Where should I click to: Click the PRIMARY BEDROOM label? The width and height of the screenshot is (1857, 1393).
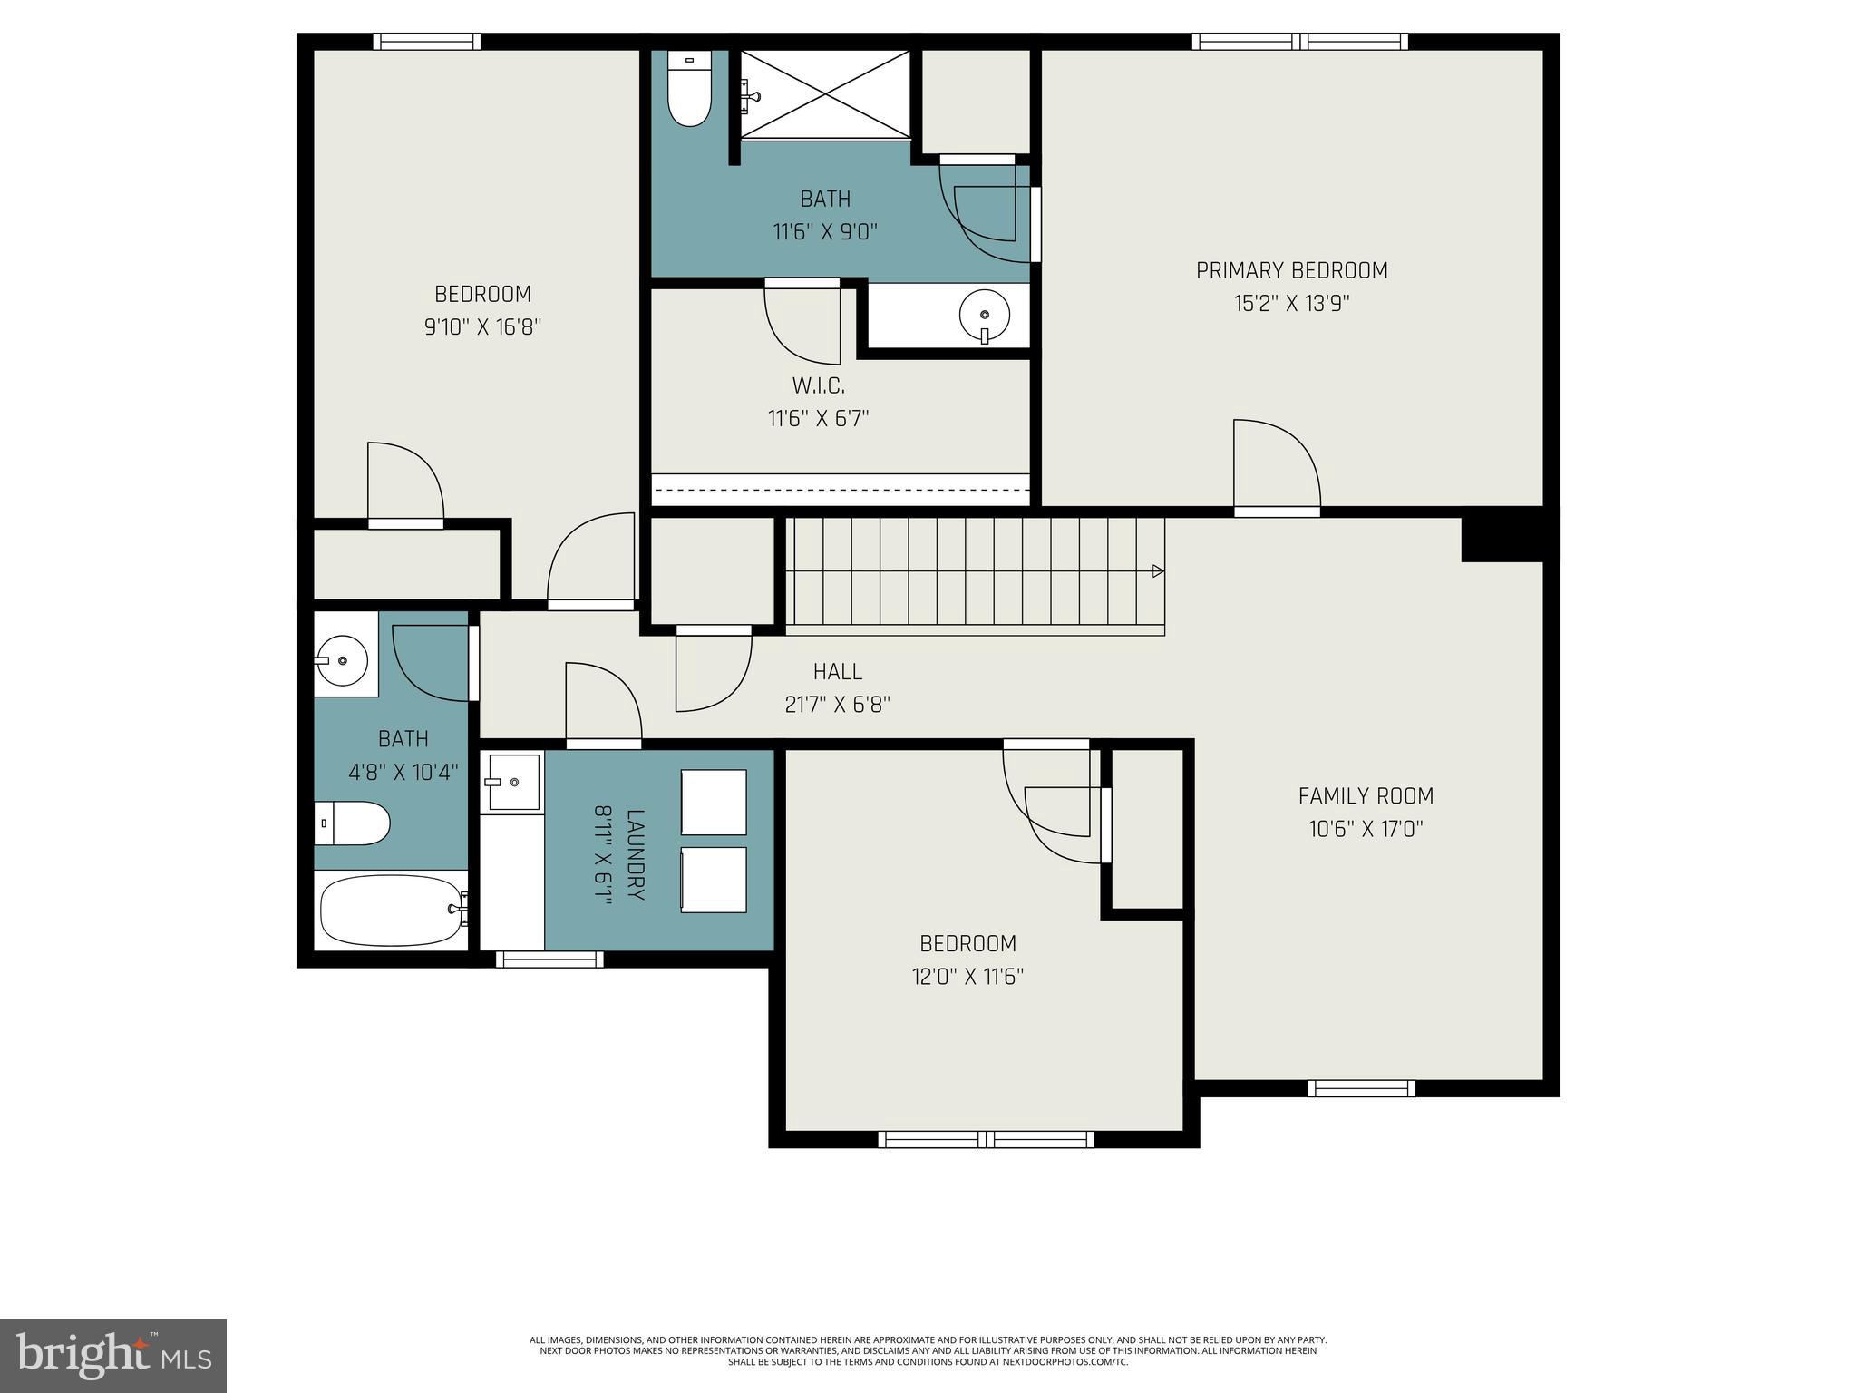click(x=1291, y=270)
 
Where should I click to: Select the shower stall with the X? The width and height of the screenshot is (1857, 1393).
click(x=825, y=94)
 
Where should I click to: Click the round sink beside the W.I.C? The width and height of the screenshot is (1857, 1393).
click(x=985, y=315)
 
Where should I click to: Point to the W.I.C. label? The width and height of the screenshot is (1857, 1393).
click(x=818, y=386)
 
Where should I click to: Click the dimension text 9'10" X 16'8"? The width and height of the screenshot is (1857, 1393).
click(x=482, y=326)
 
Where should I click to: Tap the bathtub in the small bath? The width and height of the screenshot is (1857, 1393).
click(x=391, y=910)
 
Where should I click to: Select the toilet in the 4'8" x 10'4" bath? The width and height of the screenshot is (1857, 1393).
click(x=353, y=823)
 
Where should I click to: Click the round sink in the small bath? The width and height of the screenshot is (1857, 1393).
click(x=342, y=654)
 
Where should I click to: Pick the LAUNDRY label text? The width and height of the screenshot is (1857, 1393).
click(x=635, y=854)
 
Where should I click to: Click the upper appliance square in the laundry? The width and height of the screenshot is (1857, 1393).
click(x=714, y=802)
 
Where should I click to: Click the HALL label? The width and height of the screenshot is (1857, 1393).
click(x=837, y=672)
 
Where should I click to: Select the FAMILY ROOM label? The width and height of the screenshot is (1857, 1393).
click(x=1366, y=796)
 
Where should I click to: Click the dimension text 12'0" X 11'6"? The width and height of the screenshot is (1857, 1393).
click(x=967, y=977)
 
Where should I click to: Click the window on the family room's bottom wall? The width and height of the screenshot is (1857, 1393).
click(x=1361, y=1088)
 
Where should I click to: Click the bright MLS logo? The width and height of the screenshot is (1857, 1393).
click(x=113, y=1356)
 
